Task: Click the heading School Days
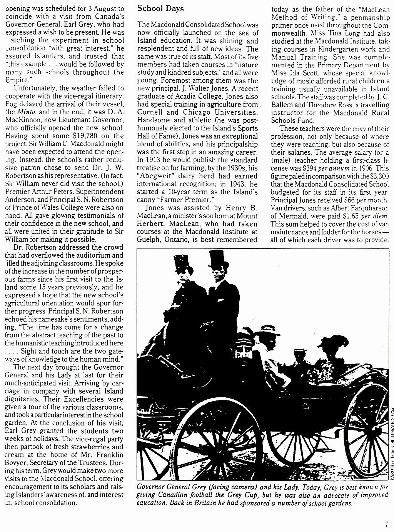(x=160, y=8)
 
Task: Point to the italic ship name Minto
(x=26, y=112)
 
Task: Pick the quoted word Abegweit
(x=154, y=175)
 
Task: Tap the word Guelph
(x=149, y=239)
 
